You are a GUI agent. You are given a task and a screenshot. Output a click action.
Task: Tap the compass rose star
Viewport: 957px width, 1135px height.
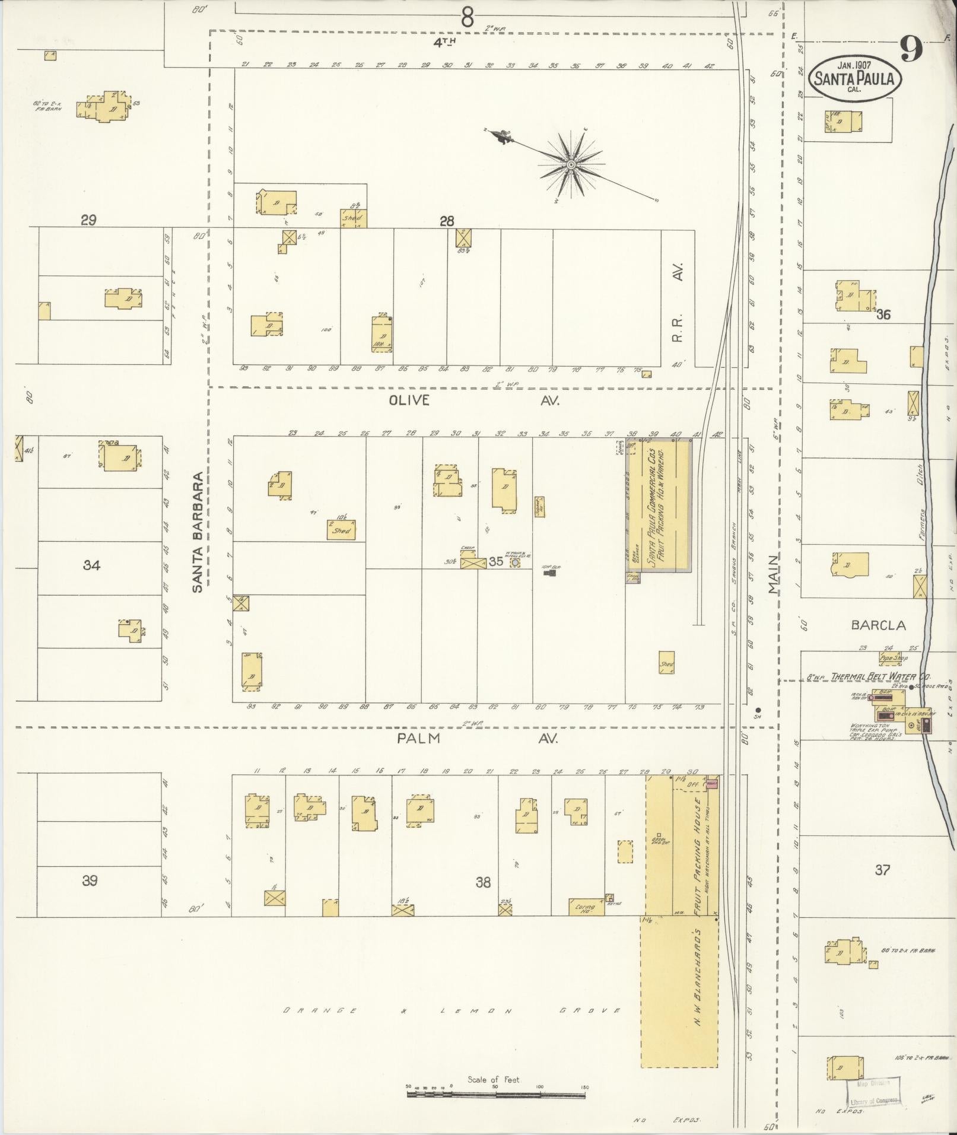571,164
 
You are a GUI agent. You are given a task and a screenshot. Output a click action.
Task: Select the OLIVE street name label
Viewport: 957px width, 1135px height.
409,400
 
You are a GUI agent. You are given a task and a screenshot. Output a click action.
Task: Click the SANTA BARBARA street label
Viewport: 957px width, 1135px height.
199,532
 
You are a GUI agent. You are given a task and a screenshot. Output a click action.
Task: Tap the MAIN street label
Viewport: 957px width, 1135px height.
772,574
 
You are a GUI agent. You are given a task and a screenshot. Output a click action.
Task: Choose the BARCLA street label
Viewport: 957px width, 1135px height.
879,625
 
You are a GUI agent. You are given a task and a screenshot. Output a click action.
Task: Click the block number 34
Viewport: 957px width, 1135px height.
91,565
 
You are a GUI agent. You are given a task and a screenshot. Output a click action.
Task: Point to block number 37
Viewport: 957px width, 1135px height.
882,870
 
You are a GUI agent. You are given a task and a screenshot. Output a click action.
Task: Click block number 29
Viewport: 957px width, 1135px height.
88,221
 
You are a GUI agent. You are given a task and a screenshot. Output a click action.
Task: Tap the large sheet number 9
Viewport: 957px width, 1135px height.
911,49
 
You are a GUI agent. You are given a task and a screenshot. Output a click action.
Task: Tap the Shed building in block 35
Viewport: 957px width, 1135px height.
341,530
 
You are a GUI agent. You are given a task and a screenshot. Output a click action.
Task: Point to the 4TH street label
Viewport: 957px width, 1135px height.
443,42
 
